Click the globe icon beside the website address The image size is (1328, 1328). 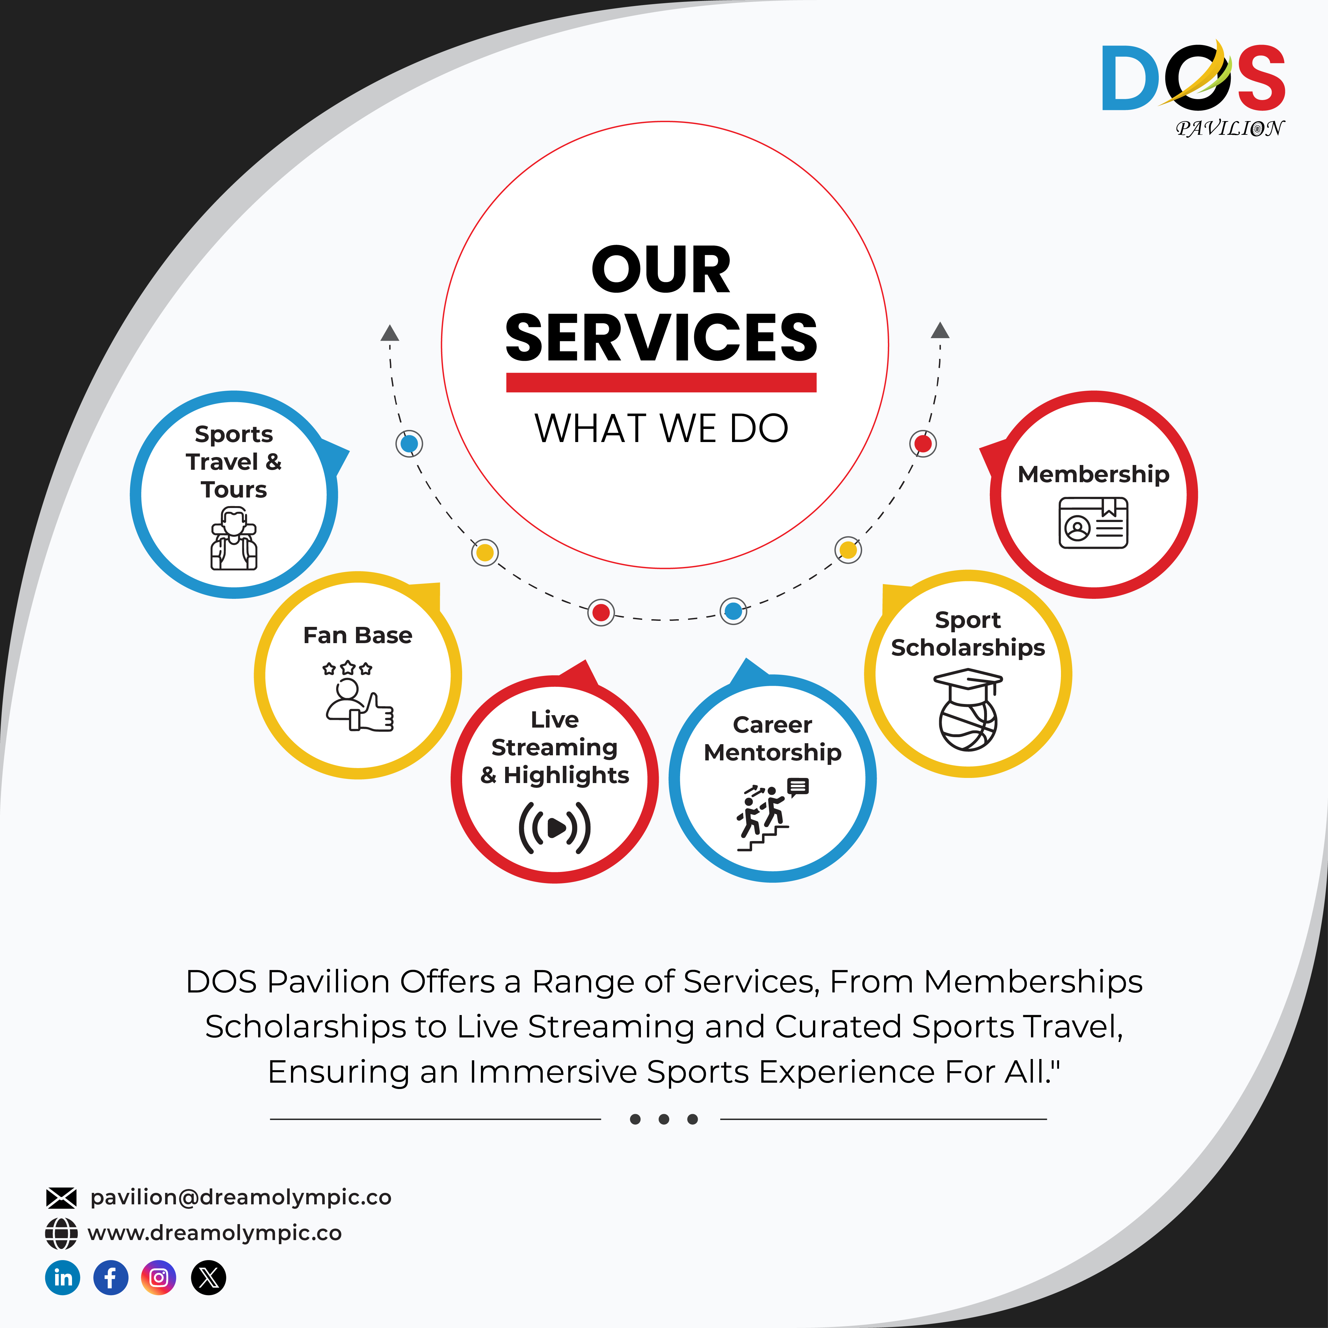(61, 1233)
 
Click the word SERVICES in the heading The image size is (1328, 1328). (661, 337)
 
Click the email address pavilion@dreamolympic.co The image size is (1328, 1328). (241, 1197)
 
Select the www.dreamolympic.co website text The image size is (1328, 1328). (214, 1233)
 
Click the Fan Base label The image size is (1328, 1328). (358, 635)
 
